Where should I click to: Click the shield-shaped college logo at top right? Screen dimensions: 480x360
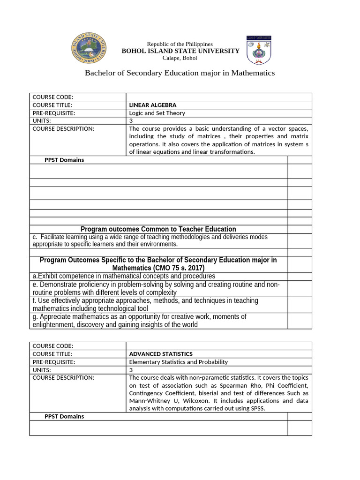click(261, 50)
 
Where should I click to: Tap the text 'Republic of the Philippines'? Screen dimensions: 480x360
click(180, 44)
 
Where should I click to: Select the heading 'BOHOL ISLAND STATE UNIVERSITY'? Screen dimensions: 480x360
click(180, 51)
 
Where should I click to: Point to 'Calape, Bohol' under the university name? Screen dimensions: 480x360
click(180, 58)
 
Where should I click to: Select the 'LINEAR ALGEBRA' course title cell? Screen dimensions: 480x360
click(153, 105)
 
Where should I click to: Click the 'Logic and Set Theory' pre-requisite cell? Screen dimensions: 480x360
click(157, 113)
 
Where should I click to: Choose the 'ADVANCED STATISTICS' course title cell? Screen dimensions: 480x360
click(161, 354)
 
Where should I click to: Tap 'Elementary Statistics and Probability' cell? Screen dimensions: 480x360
click(178, 362)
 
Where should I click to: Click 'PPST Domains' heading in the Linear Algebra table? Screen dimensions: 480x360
click(64, 160)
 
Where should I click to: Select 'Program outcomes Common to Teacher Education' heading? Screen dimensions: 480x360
click(158, 229)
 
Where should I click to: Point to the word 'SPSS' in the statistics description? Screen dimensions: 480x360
click(257, 409)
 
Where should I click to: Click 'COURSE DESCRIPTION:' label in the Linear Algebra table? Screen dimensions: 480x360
click(63, 128)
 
